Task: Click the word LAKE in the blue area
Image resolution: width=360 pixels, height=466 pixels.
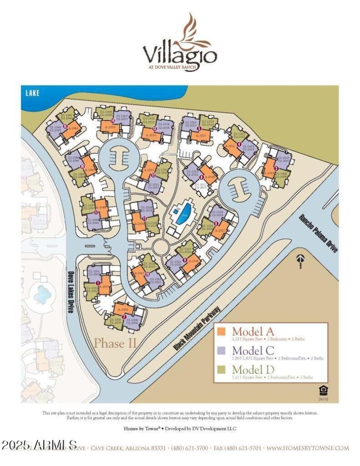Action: click(x=32, y=93)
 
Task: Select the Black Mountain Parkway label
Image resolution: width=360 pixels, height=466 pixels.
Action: click(x=197, y=329)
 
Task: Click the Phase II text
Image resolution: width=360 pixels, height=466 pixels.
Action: click(x=115, y=343)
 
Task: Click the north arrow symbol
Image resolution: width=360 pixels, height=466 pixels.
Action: click(x=300, y=260)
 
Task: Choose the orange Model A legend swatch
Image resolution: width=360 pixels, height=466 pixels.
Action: click(x=221, y=332)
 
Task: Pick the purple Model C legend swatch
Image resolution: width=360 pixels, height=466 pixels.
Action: click(x=221, y=350)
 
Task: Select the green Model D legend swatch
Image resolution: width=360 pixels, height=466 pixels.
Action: click(x=221, y=370)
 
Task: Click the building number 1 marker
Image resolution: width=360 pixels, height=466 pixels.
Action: click(x=98, y=282)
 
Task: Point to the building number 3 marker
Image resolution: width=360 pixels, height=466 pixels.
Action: click(x=276, y=168)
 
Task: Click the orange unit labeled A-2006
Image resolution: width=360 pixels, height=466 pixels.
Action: click(x=122, y=309)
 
